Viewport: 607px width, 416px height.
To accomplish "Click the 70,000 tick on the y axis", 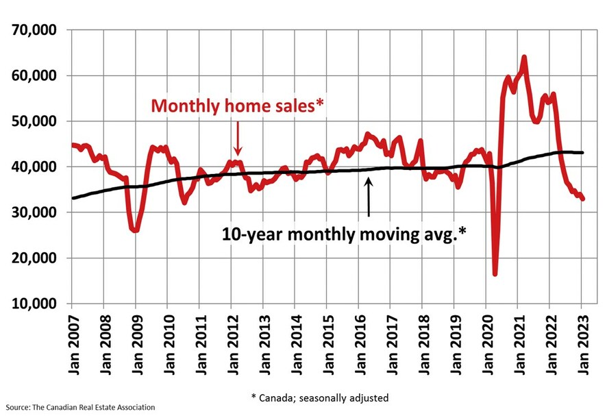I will (35, 30).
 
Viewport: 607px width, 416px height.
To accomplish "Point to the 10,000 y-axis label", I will (35, 304).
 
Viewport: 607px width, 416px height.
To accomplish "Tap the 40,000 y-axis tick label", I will (35, 167).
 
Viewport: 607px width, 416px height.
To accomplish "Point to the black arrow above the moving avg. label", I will (369, 197).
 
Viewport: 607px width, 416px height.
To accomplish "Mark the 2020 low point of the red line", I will (495, 274).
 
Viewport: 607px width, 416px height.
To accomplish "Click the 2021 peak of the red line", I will (524, 58).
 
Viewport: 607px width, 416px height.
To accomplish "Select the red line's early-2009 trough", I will (136, 230).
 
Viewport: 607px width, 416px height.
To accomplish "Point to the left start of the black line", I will (73, 198).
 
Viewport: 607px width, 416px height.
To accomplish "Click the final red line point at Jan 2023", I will (583, 199).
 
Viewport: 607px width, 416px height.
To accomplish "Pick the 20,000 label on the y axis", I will (35, 258).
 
